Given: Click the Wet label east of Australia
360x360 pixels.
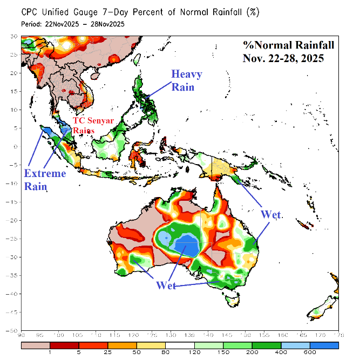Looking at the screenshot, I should coord(271,214).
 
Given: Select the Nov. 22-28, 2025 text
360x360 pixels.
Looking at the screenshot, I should coord(283,58).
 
